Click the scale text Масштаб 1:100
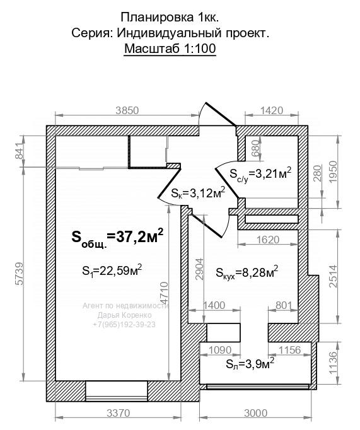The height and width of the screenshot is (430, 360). point(170,49)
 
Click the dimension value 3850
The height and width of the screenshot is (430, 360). point(127,110)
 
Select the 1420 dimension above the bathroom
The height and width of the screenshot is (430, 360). point(272,110)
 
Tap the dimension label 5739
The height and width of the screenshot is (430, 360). point(20,274)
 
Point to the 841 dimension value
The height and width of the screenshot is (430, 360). point(20,151)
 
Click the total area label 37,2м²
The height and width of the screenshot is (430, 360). point(118,238)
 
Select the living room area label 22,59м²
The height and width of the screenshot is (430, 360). point(112,271)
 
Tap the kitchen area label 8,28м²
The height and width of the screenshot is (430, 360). point(247,273)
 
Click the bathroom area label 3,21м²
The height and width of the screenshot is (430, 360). point(260,174)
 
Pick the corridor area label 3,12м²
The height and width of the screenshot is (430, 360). point(198,193)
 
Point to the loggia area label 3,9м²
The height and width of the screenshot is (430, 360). point(250,364)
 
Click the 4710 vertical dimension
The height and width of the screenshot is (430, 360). point(164,293)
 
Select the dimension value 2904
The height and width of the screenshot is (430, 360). point(200,269)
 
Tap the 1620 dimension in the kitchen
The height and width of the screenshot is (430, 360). point(268,240)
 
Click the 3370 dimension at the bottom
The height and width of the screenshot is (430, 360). point(118,413)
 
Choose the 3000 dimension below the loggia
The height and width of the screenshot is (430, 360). point(255,413)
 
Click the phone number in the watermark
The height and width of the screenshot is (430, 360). point(124,325)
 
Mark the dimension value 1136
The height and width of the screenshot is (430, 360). point(333,363)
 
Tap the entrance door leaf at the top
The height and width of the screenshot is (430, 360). point(221,114)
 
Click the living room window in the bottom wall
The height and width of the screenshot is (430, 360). point(117,391)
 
